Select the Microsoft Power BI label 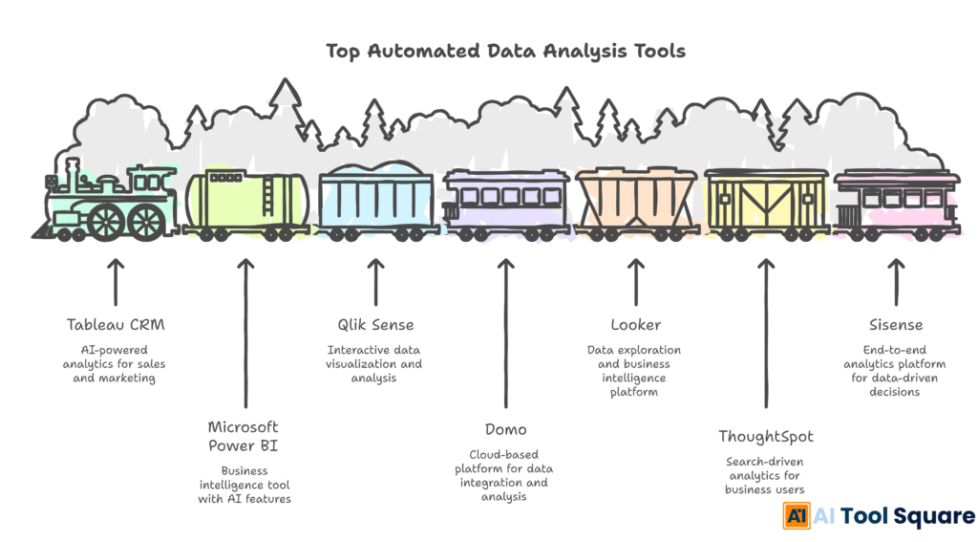click(244, 436)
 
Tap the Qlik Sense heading click(374, 325)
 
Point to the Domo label click(504, 429)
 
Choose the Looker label click(635, 325)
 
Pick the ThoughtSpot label click(766, 436)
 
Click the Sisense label click(896, 325)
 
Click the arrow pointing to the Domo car click(505, 335)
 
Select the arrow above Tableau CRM click(115, 279)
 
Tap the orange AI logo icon click(797, 516)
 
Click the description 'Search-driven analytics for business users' click(766, 475)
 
